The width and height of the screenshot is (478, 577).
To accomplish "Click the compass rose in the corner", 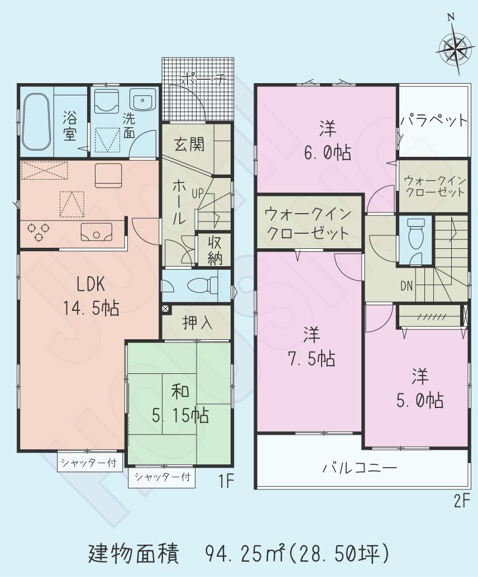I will [453, 49].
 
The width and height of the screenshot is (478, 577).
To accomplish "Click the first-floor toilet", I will [201, 285].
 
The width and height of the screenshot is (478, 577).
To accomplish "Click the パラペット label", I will [433, 121].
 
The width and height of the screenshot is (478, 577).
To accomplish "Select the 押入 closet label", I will [196, 323].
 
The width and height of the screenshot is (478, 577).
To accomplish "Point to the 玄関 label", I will [188, 144].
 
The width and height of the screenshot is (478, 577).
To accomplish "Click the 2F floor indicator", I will [460, 501].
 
